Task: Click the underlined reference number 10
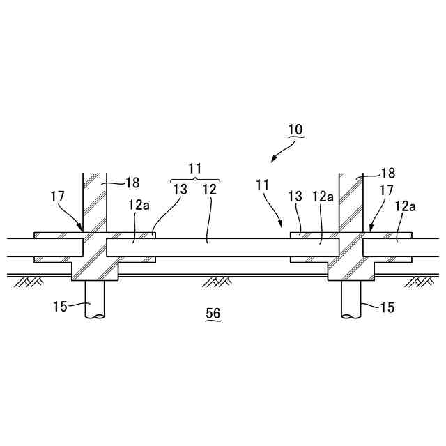click(295, 130)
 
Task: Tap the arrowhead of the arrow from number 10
click(272, 160)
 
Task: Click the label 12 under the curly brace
click(209, 190)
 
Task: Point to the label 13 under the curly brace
click(179, 190)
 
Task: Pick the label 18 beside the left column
click(132, 183)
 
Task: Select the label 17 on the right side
click(387, 190)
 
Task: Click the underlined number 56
click(213, 315)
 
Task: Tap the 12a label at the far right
click(406, 206)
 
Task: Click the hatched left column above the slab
click(93, 202)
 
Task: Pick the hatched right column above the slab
click(351, 202)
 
